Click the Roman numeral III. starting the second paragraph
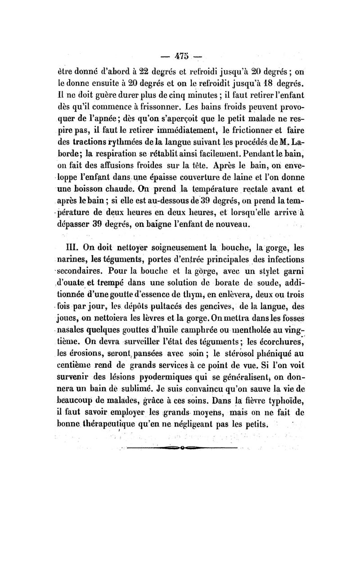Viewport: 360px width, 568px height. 74,248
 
